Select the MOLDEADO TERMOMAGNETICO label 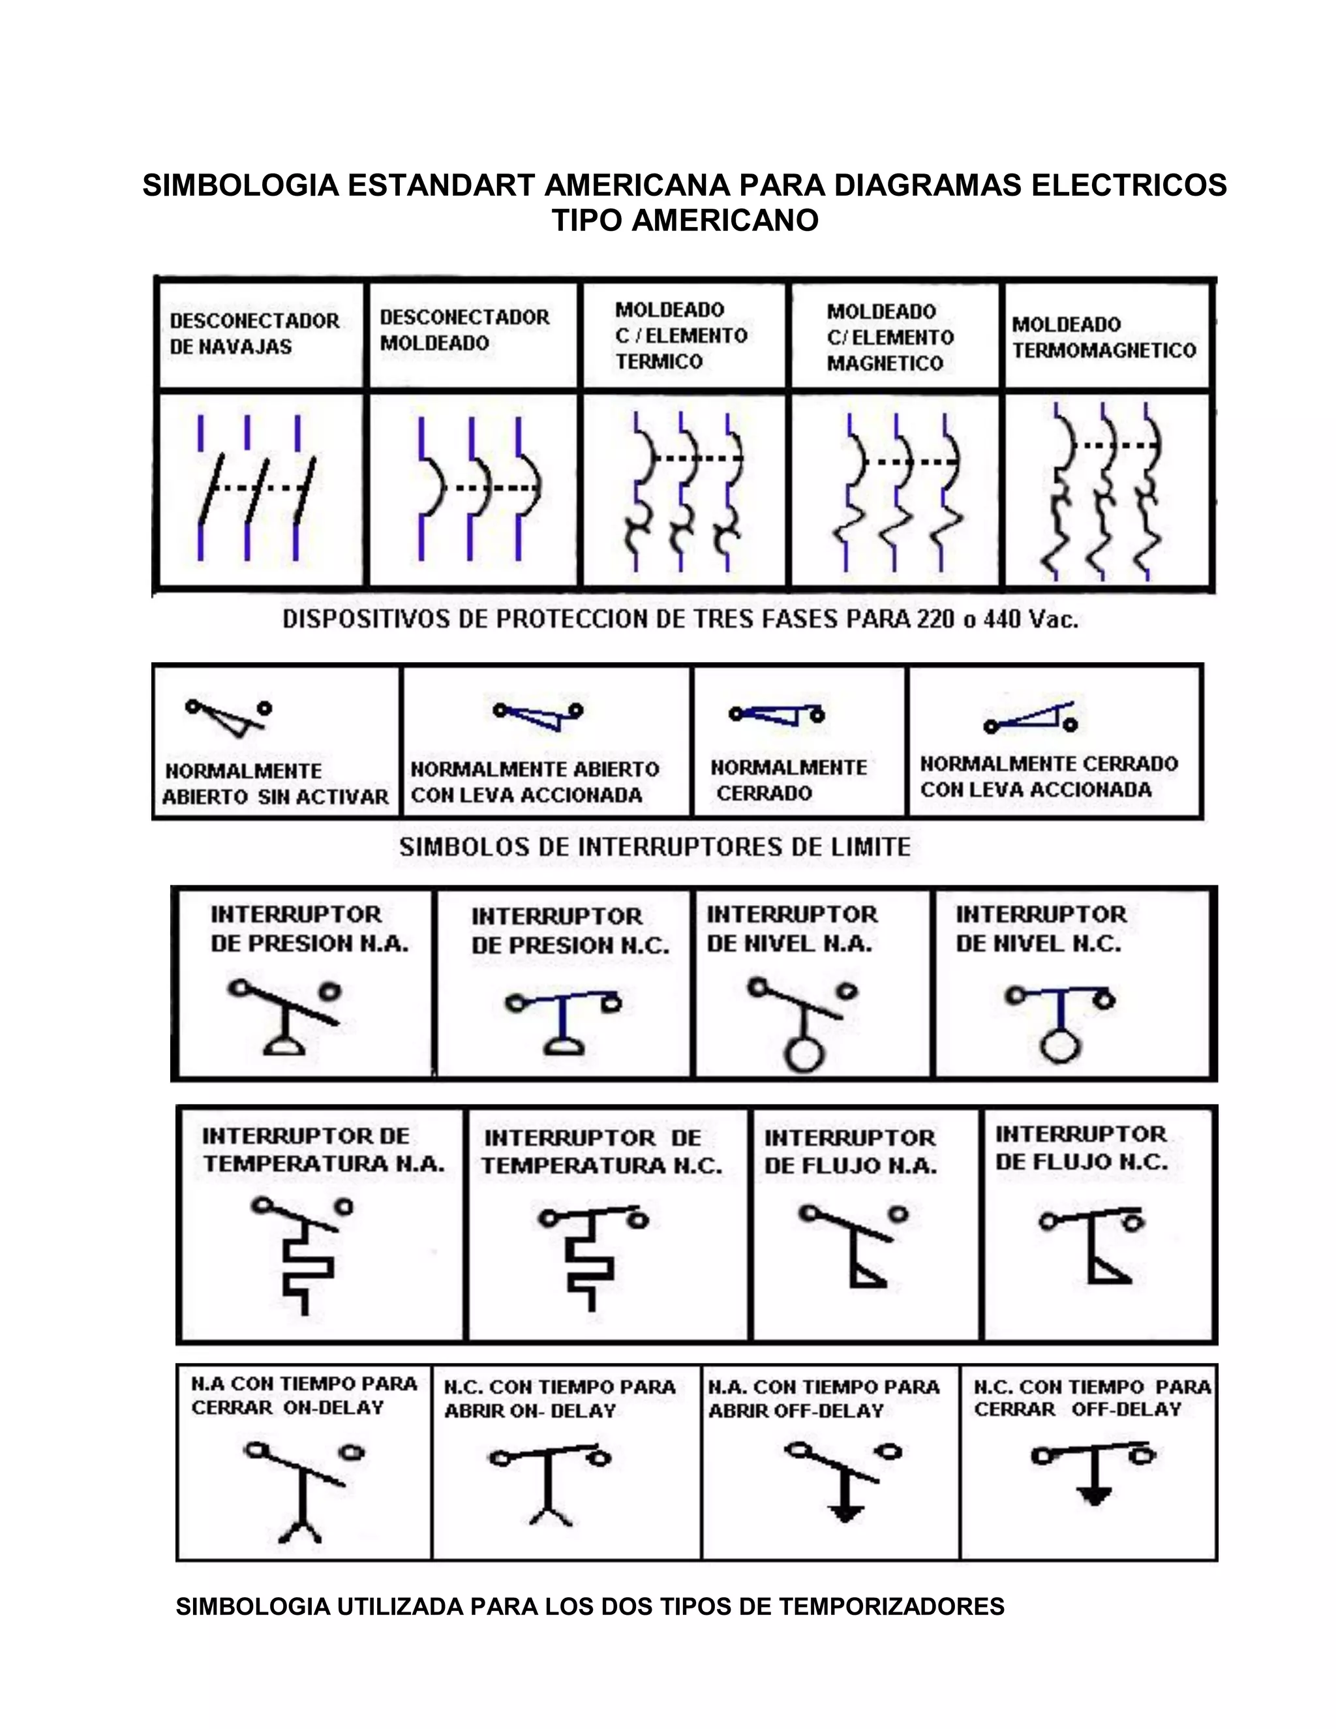(1103, 337)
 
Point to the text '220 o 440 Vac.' (997, 619)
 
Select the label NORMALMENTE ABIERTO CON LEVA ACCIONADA (534, 782)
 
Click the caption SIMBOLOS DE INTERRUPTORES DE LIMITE (654, 847)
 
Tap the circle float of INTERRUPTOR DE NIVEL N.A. (804, 1054)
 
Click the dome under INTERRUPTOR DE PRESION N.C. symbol (564, 1048)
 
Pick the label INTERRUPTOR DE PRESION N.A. (309, 928)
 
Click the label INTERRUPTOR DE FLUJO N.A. (850, 1152)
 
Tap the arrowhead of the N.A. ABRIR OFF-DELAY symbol (845, 1514)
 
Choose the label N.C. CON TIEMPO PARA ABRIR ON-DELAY (559, 1399)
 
